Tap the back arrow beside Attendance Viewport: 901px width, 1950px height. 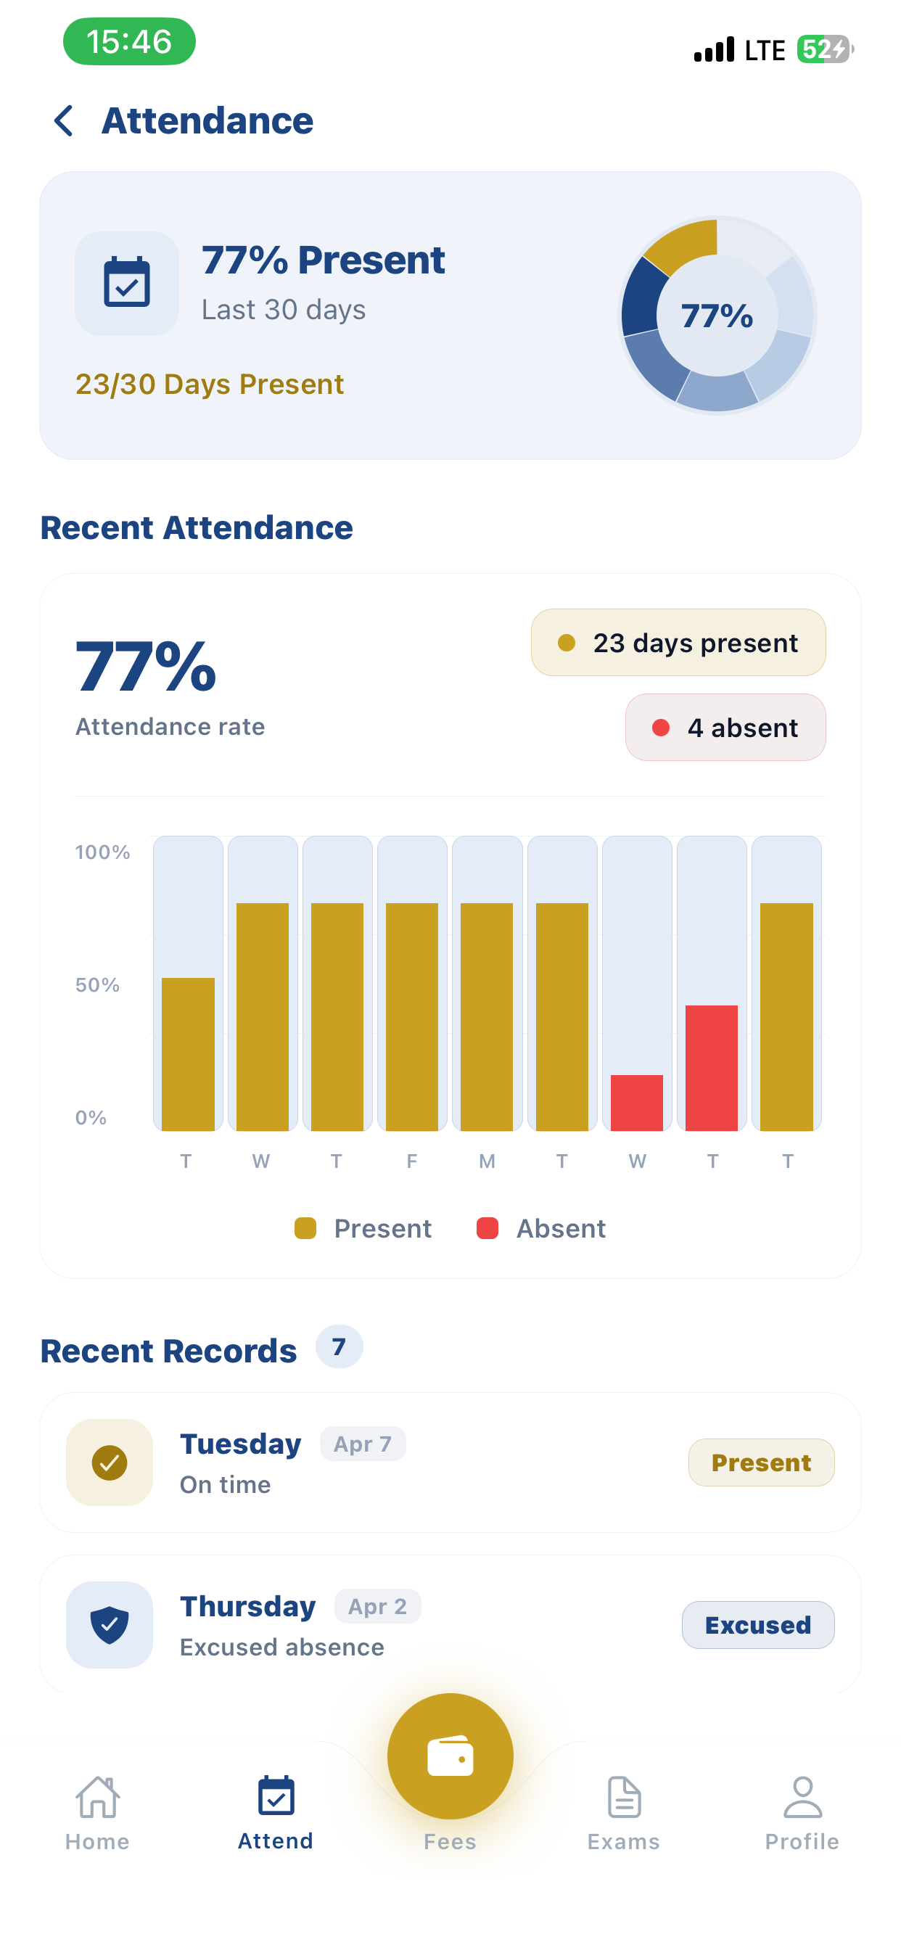coord(64,121)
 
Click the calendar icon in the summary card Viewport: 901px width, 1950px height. coord(126,282)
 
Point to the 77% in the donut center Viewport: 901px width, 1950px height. coord(716,316)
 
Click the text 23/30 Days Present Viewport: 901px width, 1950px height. coord(210,384)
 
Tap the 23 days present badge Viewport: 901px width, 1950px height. coord(678,643)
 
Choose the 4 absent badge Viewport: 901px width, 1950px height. coord(725,728)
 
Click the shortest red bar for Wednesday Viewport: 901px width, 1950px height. coord(637,1102)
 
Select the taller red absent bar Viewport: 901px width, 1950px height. coord(711,1067)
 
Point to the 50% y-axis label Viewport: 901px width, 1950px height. coord(98,985)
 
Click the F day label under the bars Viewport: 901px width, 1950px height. coord(412,1161)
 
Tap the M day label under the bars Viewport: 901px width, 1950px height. coord(487,1161)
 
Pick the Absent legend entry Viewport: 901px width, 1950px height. coord(541,1228)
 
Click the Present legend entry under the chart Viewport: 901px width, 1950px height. coord(363,1228)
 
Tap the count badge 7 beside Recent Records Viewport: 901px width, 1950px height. coord(340,1346)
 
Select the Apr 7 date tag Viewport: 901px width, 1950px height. coord(363,1444)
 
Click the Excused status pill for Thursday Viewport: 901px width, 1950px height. coord(758,1625)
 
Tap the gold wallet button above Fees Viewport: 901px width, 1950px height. coord(450,1756)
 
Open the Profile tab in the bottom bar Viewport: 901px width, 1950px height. coord(802,1814)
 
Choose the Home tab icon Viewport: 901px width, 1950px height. coord(98,1797)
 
